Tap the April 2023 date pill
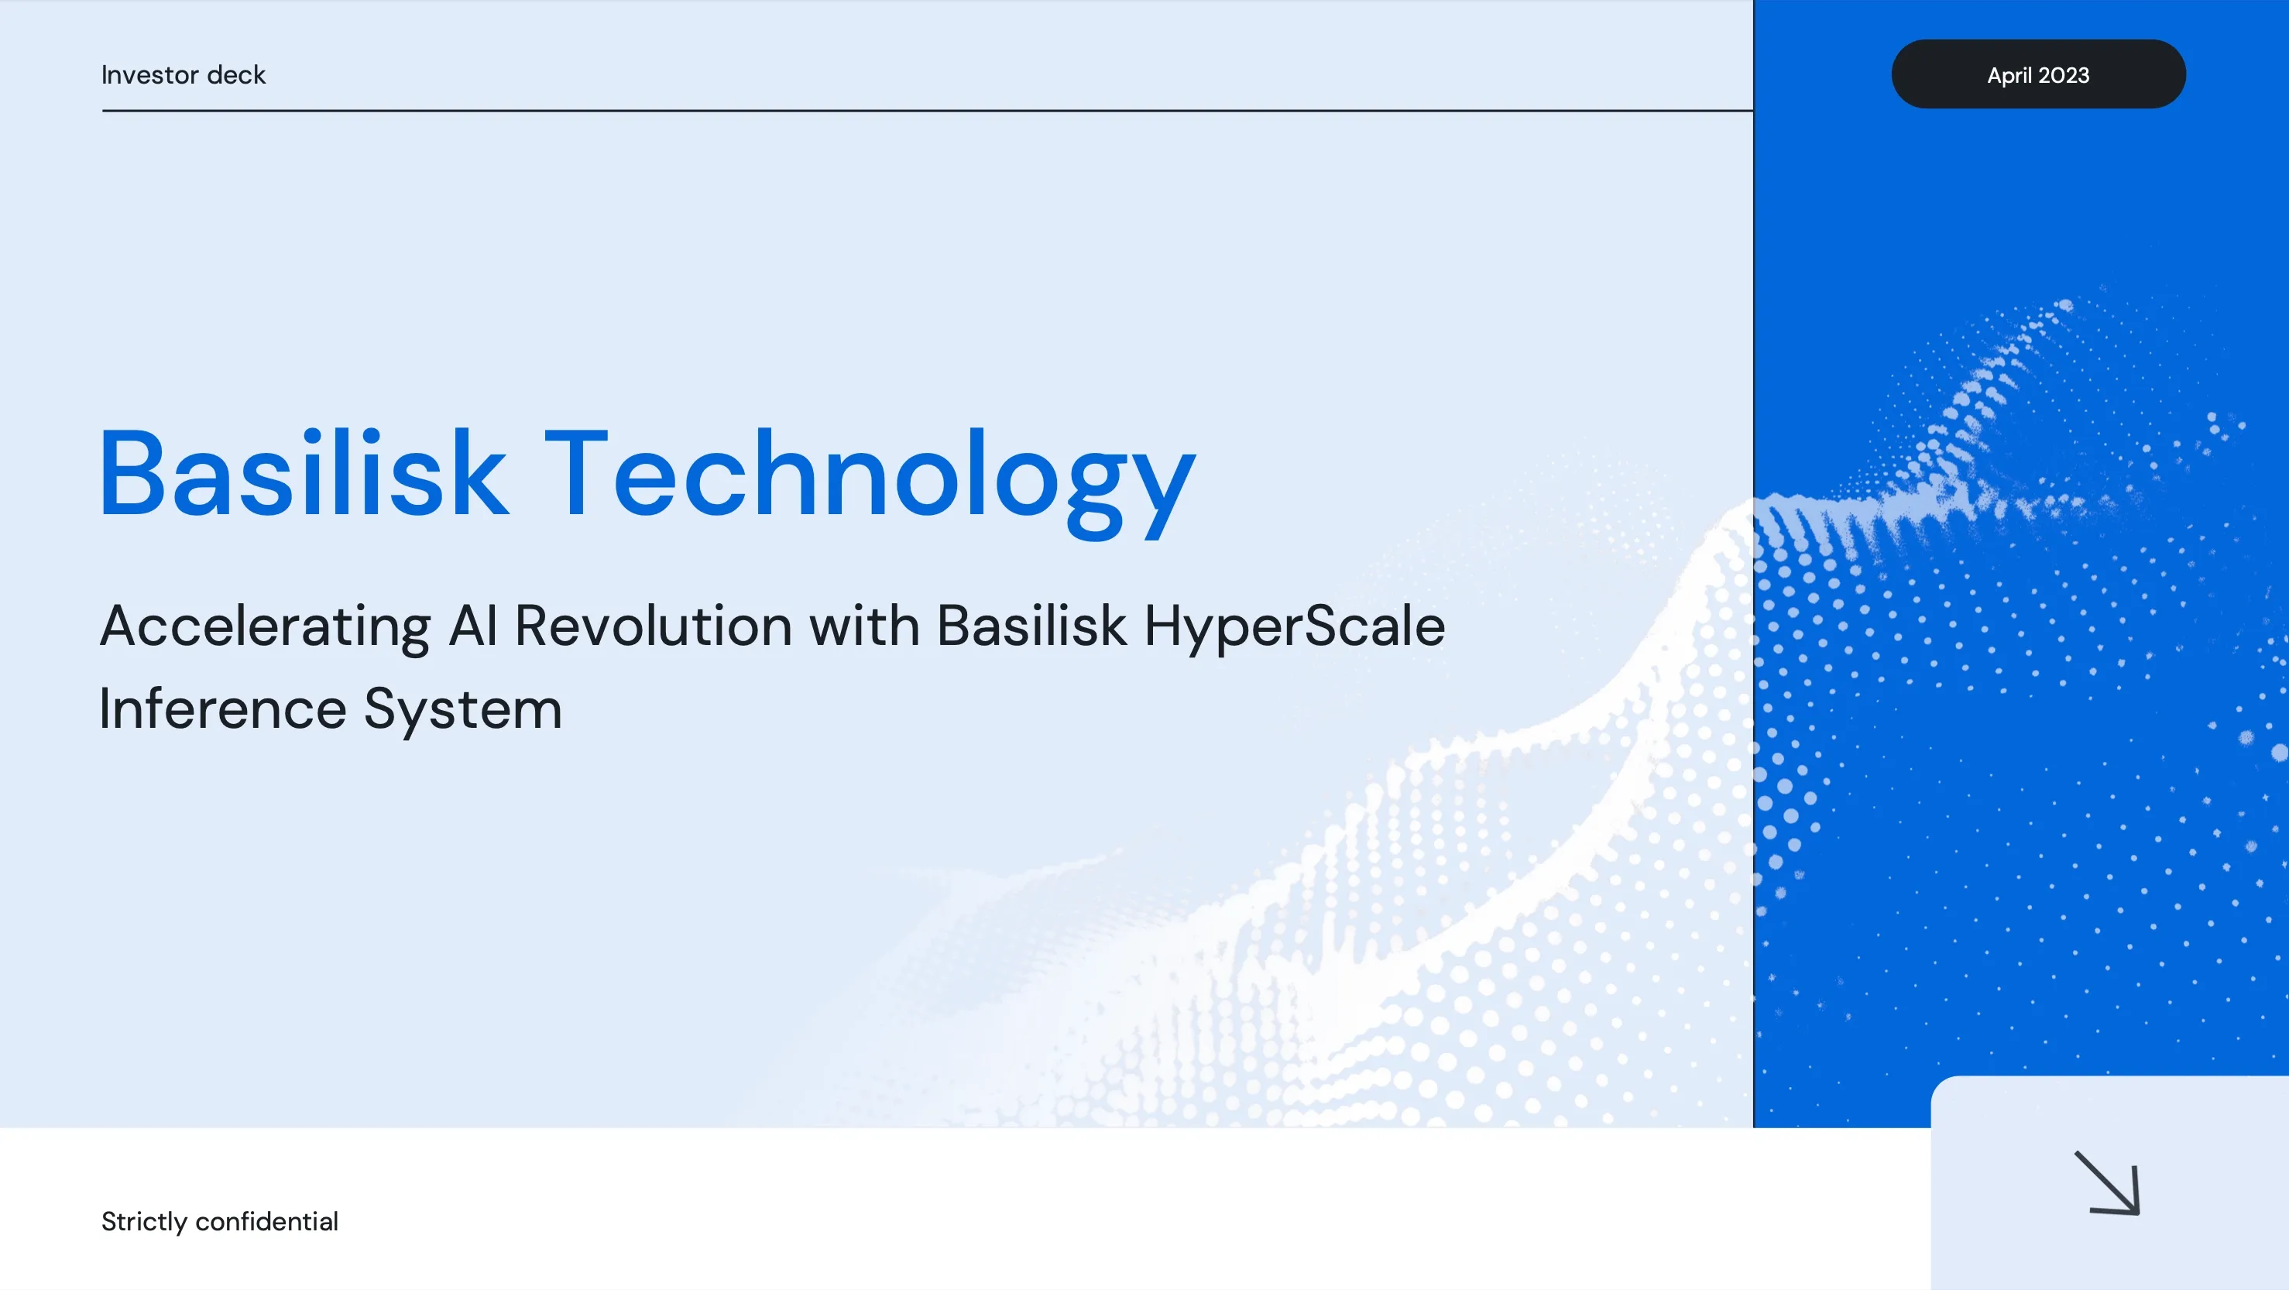pos(2038,74)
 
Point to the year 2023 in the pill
pos(2064,76)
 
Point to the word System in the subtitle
pos(463,711)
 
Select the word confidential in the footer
pos(266,1222)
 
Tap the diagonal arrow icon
pos(2107,1182)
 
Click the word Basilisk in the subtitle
pos(1031,626)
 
